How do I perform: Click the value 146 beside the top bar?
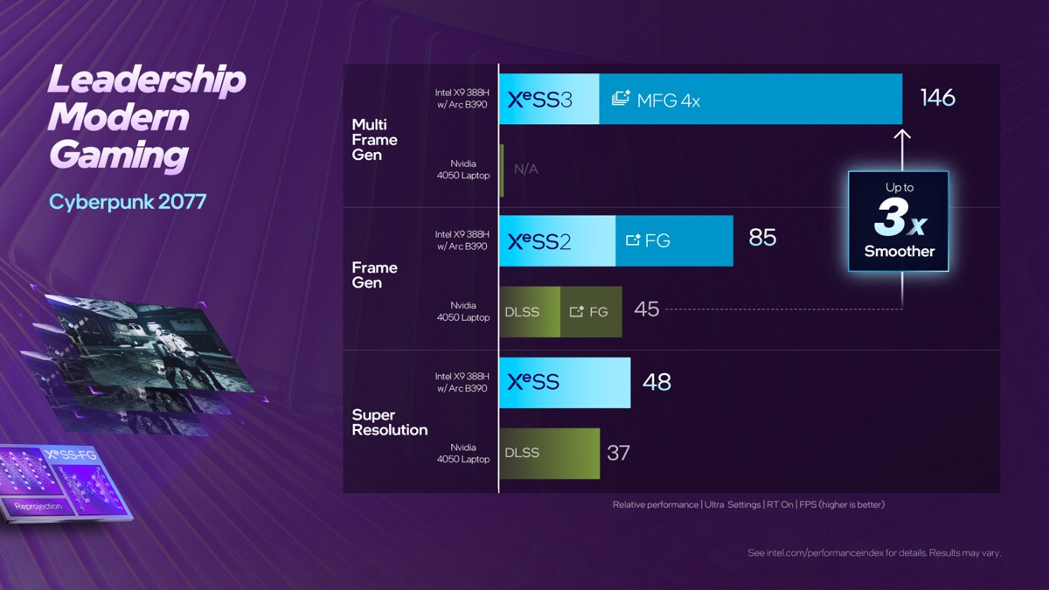(x=937, y=97)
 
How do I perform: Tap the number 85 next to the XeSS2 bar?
(x=762, y=238)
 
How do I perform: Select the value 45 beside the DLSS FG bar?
(x=646, y=309)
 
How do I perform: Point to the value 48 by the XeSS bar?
(x=656, y=382)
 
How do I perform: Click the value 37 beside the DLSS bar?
(x=618, y=453)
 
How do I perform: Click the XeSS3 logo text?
(x=540, y=100)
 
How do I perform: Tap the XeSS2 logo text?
(x=539, y=241)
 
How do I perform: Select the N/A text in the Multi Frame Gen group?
(x=526, y=169)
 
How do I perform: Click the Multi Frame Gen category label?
(x=374, y=140)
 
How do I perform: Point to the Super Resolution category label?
(x=390, y=422)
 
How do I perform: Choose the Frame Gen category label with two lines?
(x=374, y=275)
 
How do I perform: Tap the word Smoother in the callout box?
(x=899, y=252)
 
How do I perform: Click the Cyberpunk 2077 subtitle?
(x=128, y=202)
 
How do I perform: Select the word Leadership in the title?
(x=147, y=81)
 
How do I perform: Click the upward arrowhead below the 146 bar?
(x=903, y=135)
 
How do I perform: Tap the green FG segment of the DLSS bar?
(x=591, y=312)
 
